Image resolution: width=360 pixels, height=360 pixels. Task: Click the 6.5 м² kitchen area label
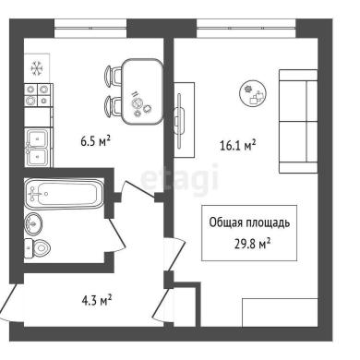pyautogui.click(x=95, y=142)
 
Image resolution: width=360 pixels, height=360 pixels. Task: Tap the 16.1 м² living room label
pyautogui.click(x=238, y=145)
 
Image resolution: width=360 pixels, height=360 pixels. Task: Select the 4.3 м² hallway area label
pyautogui.click(x=96, y=300)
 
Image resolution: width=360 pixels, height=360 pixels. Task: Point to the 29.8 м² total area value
pyautogui.click(x=252, y=245)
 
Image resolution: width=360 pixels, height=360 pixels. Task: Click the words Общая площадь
pyautogui.click(x=249, y=222)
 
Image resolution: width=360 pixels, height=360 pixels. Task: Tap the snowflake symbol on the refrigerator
pyautogui.click(x=37, y=68)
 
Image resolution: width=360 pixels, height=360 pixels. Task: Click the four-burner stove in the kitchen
pyautogui.click(x=39, y=94)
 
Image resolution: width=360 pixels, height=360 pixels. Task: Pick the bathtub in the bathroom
pyautogui.click(x=64, y=194)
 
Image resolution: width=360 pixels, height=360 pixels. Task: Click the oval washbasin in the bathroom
pyautogui.click(x=33, y=223)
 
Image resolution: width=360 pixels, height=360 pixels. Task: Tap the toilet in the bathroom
pyautogui.click(x=37, y=248)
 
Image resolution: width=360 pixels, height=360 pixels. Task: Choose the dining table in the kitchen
pyautogui.click(x=142, y=91)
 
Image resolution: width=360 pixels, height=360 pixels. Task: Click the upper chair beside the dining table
pyautogui.click(x=114, y=75)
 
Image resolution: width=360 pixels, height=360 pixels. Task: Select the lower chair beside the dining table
pyautogui.click(x=114, y=105)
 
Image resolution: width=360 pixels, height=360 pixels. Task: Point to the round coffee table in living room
pyautogui.click(x=253, y=94)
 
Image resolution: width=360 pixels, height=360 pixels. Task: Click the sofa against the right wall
pyautogui.click(x=298, y=121)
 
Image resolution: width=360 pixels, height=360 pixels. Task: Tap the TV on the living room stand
pyautogui.click(x=180, y=120)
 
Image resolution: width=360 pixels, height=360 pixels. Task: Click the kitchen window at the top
pyautogui.click(x=90, y=29)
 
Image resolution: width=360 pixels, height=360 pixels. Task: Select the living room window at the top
pyautogui.click(x=246, y=29)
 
